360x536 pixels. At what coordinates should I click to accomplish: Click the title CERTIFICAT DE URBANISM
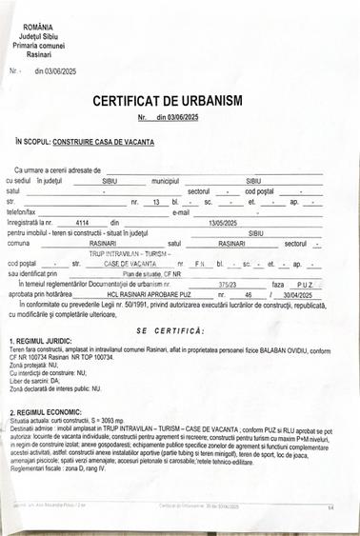tap(180, 100)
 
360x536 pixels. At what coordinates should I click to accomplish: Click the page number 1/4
tap(329, 507)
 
